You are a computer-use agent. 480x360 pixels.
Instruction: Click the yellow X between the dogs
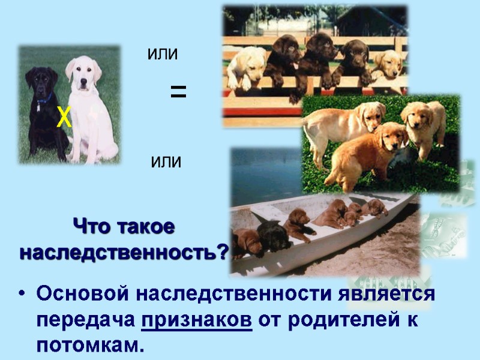(64, 118)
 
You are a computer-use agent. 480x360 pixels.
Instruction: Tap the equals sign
(178, 92)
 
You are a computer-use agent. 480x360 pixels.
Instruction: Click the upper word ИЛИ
(163, 55)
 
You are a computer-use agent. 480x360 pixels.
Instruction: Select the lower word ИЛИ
(166, 162)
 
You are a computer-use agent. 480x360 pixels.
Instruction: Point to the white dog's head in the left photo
(82, 70)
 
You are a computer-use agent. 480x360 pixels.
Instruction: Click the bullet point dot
(22, 295)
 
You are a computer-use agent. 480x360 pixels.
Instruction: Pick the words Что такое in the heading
(124, 227)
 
